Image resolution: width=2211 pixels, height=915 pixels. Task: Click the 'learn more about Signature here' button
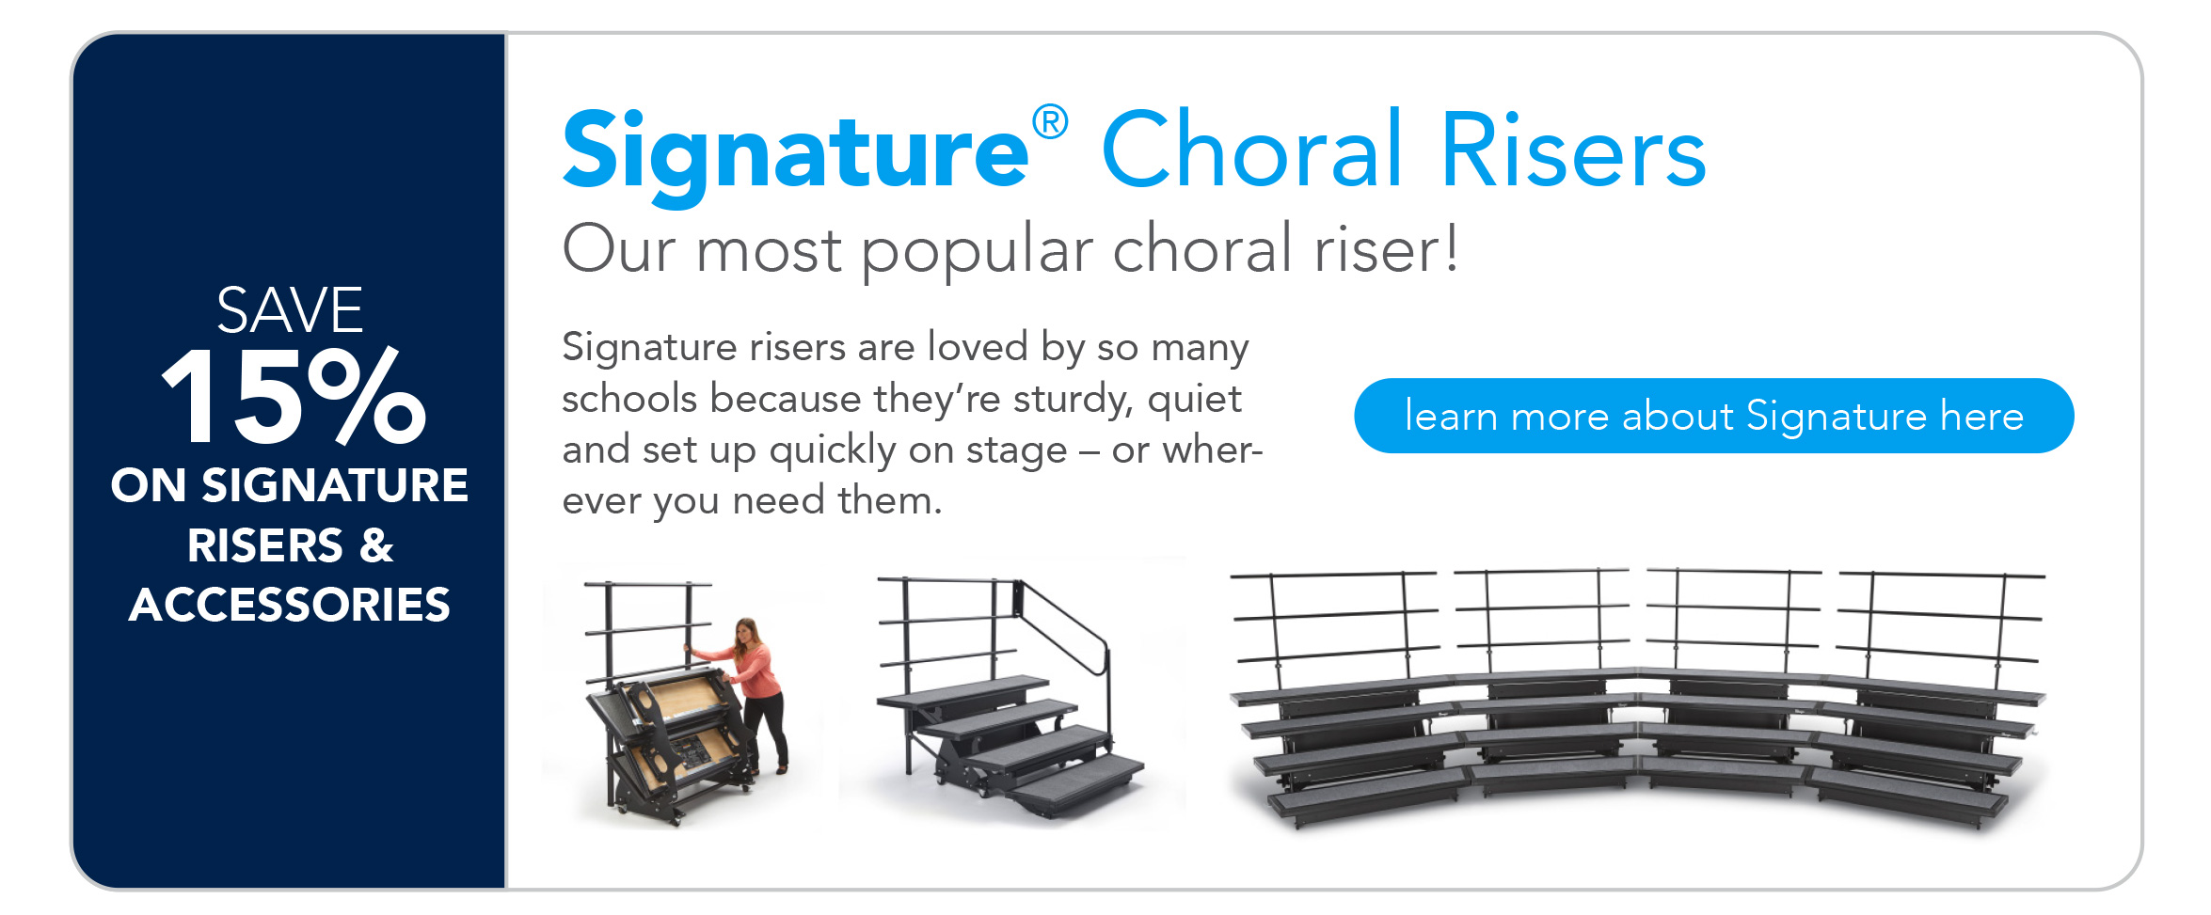pos(1713,416)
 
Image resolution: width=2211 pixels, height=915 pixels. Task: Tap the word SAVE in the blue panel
pos(290,309)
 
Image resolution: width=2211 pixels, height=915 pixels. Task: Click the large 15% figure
pos(294,396)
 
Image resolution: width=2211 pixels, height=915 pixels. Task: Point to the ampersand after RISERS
pos(375,545)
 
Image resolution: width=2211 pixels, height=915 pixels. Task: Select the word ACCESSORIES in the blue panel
pos(290,604)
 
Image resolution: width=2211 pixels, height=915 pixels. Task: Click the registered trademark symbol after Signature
pos(1050,123)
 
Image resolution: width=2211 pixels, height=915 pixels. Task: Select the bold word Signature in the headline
pos(796,155)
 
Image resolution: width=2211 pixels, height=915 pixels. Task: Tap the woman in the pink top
pos(753,692)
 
